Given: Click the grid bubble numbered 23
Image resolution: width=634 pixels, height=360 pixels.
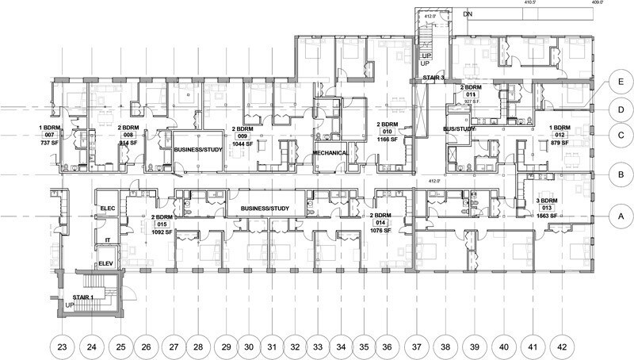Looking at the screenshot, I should [x=63, y=346].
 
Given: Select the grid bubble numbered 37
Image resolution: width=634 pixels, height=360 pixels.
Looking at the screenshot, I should [x=417, y=346].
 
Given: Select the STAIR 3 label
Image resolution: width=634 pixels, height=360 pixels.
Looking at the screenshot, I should [x=433, y=78].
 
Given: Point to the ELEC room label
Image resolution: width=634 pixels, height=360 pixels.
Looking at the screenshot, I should [x=108, y=209].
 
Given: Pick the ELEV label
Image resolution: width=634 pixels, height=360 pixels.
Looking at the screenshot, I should [x=106, y=264].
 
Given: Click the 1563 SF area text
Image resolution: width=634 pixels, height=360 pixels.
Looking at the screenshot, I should [x=547, y=216].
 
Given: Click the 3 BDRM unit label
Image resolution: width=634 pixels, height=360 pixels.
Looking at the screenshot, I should [x=547, y=201].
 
